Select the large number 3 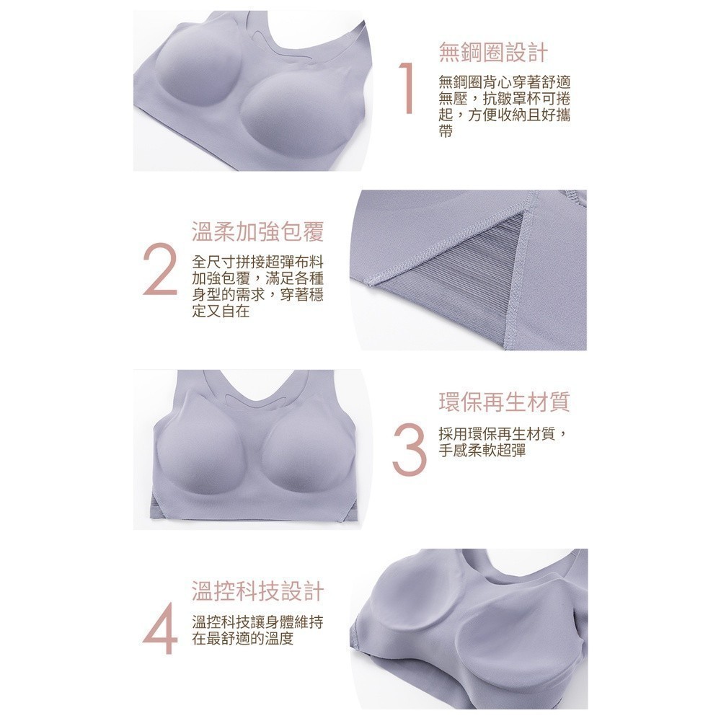point(409,448)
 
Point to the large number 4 point(159,628)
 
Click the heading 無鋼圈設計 point(493,52)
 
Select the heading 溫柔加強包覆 point(257,231)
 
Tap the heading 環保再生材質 point(505,402)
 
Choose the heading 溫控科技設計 point(257,591)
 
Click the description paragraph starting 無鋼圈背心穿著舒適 point(505,107)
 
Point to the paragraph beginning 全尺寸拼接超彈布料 point(257,286)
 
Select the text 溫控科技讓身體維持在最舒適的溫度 point(257,630)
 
